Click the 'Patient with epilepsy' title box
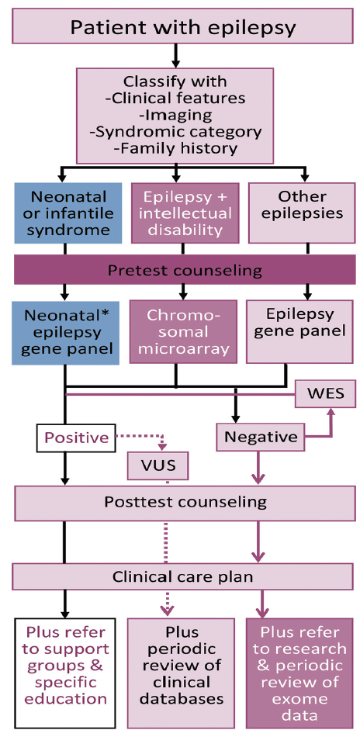tap(183, 27)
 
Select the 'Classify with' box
tap(176, 114)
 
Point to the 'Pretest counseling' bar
tap(185, 271)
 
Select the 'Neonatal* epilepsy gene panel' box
tap(66, 332)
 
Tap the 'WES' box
tap(325, 393)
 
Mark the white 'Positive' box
tap(76, 438)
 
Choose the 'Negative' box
tap(260, 438)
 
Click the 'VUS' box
tap(158, 466)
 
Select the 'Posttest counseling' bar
tap(185, 502)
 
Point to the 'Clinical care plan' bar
tap(185, 576)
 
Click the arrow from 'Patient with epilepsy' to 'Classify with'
tap(176, 56)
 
